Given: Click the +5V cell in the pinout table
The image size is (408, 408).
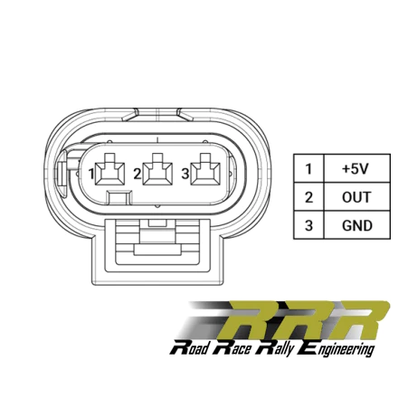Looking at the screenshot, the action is [x=356, y=168].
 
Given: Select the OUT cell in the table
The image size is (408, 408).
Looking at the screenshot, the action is [x=356, y=196].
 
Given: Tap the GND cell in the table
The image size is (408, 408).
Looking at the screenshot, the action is [x=356, y=225].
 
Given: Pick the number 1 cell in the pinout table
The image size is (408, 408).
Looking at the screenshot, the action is [x=308, y=168].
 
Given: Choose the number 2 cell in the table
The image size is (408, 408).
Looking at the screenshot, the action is [x=308, y=196].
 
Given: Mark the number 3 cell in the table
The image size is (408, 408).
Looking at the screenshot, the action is [x=308, y=225].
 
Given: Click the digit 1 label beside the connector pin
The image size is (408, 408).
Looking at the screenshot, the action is [x=91, y=174].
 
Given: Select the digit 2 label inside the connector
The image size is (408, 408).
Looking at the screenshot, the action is [x=138, y=174].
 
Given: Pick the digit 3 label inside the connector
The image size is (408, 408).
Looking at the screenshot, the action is [x=185, y=174].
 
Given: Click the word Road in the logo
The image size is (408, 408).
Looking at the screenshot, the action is [x=189, y=348].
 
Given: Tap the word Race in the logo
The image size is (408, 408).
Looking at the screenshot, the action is [x=232, y=348].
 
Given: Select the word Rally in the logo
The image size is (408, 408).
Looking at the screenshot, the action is [x=274, y=348].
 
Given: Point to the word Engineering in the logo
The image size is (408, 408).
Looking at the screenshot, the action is [x=336, y=349].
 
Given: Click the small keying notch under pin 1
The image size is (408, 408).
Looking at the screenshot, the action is [x=119, y=198].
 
